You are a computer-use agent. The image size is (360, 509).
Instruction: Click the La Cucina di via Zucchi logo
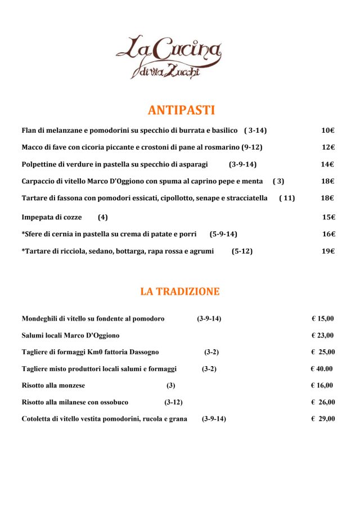[x=168, y=57]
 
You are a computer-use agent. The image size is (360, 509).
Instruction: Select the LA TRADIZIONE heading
[x=180, y=291]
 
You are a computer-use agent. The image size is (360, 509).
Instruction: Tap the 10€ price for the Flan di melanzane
[x=328, y=131]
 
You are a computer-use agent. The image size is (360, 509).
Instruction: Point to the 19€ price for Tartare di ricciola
[x=328, y=251]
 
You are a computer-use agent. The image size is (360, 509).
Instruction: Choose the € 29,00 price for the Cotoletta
[x=323, y=418]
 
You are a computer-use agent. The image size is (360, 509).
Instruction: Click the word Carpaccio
[x=40, y=181]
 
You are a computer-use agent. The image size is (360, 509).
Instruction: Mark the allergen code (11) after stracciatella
[x=287, y=198]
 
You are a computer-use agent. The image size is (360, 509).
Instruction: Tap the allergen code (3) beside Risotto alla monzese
[x=170, y=385]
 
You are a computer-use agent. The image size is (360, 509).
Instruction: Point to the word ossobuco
[x=113, y=402]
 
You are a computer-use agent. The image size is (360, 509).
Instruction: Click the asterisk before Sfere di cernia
[x=23, y=233]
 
